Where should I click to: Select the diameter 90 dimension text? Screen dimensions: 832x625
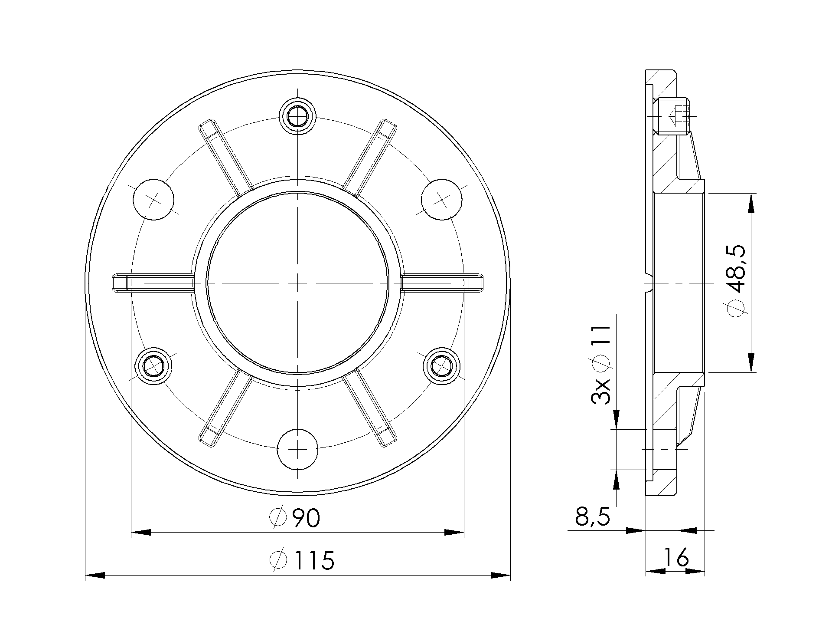coord(295,517)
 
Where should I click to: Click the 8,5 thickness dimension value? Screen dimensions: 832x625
coord(592,516)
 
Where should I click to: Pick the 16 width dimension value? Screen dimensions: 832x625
coord(675,557)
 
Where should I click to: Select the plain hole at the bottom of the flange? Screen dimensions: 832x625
coord(298,450)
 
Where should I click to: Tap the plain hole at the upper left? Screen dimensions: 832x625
coord(153,199)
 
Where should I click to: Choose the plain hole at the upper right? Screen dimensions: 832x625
coord(442,199)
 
